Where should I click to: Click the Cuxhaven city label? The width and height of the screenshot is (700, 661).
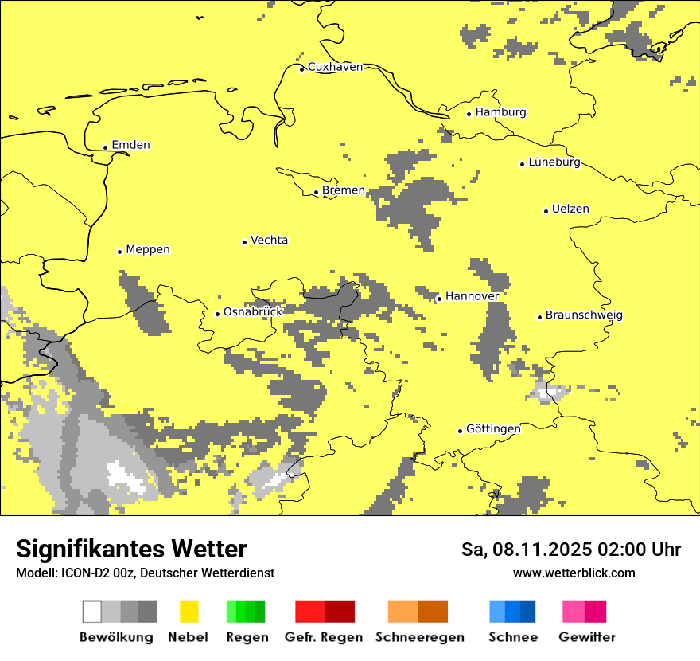(335, 67)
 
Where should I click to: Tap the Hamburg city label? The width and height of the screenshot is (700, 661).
(501, 112)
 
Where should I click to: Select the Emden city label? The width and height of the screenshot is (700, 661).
(130, 145)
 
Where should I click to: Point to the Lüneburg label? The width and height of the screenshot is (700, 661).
(554, 162)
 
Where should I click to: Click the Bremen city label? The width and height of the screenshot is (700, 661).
(344, 190)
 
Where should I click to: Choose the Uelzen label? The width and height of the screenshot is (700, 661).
(570, 209)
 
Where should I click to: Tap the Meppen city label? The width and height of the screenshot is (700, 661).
(148, 249)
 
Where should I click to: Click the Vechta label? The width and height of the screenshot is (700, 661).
(269, 241)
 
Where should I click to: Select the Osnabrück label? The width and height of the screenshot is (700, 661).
(253, 312)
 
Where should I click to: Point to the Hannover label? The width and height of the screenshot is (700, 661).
(472, 296)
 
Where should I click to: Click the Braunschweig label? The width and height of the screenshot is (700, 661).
(584, 315)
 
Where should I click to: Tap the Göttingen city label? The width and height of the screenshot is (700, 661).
(493, 429)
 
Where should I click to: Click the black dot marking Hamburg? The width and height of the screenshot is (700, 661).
(469, 114)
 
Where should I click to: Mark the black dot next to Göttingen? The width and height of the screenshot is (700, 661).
(460, 431)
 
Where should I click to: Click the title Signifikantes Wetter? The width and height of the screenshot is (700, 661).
(131, 549)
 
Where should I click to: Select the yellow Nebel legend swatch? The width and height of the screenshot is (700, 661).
(189, 612)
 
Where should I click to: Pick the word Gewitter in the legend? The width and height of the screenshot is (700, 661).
(587, 637)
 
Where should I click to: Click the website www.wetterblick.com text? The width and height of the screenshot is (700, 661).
(574, 573)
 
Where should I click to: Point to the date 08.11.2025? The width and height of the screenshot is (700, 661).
(546, 550)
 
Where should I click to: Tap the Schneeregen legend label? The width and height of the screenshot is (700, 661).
(420, 637)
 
